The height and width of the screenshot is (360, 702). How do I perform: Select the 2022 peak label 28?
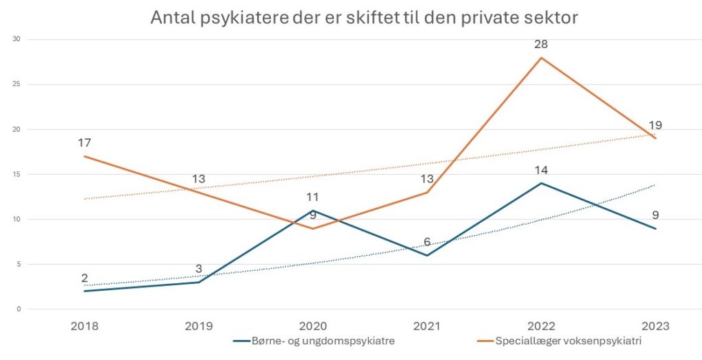click(542, 45)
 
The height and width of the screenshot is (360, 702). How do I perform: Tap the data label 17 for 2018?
click(84, 143)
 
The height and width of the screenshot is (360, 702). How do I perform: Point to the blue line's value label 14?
click(542, 170)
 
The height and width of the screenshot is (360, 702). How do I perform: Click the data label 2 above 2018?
click(84, 278)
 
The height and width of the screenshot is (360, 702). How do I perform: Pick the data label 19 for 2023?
click(655, 125)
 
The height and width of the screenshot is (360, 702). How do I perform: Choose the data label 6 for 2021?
click(427, 242)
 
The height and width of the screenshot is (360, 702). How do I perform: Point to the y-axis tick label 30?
click(18, 39)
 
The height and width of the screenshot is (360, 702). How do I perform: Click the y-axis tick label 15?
click(18, 174)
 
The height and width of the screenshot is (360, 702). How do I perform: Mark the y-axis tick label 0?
click(20, 309)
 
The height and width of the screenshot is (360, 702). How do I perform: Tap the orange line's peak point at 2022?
click(542, 58)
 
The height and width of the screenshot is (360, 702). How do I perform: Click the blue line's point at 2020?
click(313, 211)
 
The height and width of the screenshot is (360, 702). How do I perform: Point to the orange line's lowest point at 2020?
click(313, 228)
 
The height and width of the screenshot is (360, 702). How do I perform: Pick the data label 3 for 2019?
click(199, 269)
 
